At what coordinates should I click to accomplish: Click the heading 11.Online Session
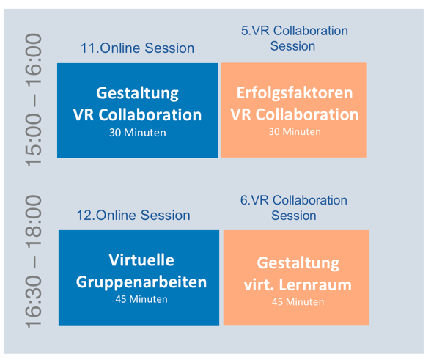[x=138, y=48]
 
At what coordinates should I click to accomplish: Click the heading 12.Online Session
[x=133, y=215]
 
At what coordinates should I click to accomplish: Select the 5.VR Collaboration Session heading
[x=294, y=38]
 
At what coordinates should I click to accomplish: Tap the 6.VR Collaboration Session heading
[x=293, y=208]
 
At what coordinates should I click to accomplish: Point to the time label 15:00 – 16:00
[x=34, y=100]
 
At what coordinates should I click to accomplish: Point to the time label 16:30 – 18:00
[x=34, y=262]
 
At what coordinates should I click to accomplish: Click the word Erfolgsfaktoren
[x=295, y=92]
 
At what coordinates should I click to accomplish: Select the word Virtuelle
[x=141, y=260]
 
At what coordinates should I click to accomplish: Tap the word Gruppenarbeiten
[x=141, y=282]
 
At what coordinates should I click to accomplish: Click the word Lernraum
[x=315, y=284]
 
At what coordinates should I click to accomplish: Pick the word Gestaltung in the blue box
[x=138, y=93]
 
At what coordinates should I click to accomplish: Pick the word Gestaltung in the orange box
[x=298, y=263]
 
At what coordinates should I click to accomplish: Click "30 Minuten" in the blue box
[x=138, y=133]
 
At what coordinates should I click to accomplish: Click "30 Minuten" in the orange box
[x=295, y=132]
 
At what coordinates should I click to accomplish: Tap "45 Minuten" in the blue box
[x=141, y=299]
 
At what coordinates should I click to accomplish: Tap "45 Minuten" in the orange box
[x=298, y=302]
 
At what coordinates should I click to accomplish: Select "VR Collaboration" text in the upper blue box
[x=138, y=114]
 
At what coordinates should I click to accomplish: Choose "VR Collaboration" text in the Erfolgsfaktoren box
[x=295, y=114]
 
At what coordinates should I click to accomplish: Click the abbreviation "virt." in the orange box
[x=259, y=284]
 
